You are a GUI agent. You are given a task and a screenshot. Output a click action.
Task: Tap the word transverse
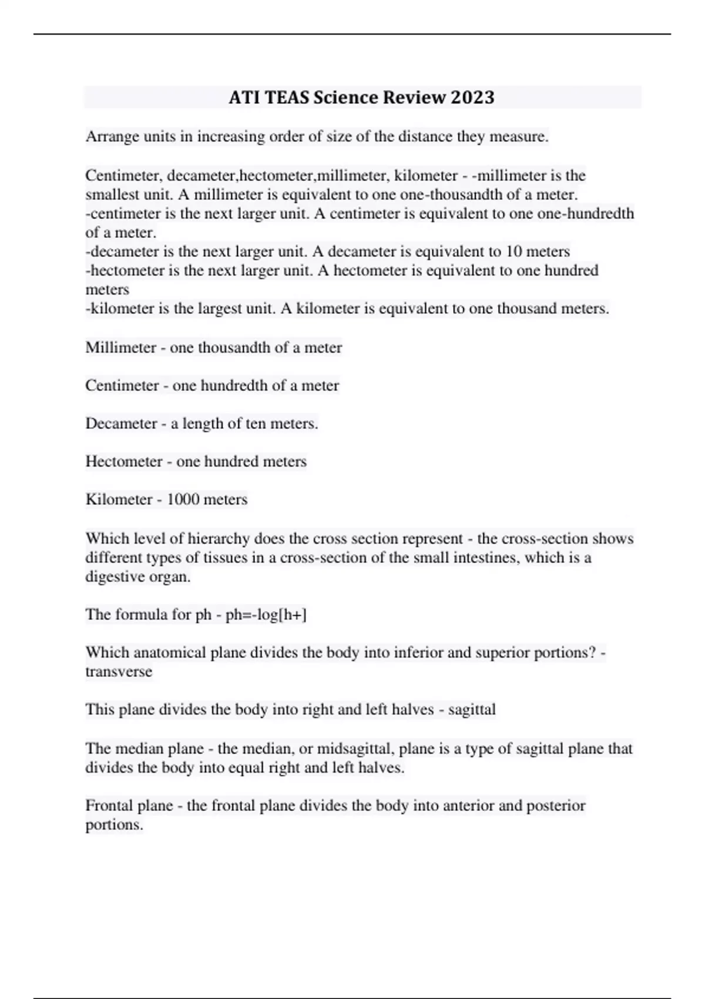click(119, 672)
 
